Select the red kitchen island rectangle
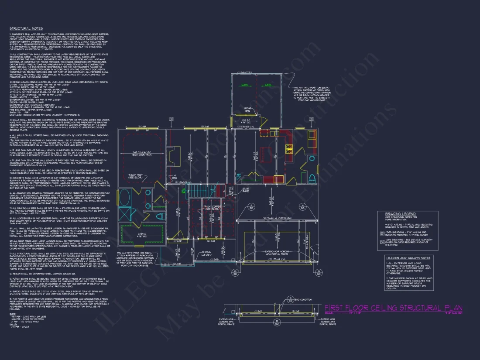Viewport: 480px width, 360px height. point(265,154)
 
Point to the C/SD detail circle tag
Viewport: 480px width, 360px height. point(290,299)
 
